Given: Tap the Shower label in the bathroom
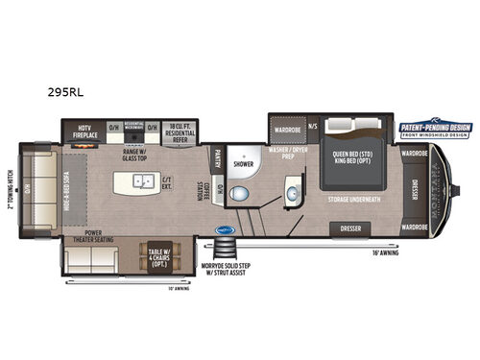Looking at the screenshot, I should [244, 162].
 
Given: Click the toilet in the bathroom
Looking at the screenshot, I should [245, 194].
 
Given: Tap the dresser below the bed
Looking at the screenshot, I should [351, 228].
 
